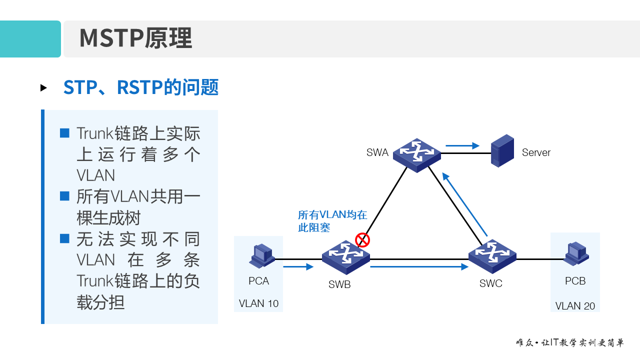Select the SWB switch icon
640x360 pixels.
pyautogui.click(x=345, y=257)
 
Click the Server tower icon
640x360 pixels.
pyautogui.click(x=502, y=150)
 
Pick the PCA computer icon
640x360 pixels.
pyautogui.click(x=261, y=256)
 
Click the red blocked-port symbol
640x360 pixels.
pyautogui.click(x=362, y=240)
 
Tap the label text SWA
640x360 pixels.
pyautogui.click(x=377, y=152)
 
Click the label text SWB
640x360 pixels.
pyautogui.click(x=339, y=285)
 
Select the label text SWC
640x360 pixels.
pyautogui.click(x=490, y=283)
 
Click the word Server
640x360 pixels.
pyautogui.click(x=536, y=152)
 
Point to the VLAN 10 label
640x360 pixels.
pyautogui.click(x=258, y=303)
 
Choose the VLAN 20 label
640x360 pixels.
pyautogui.click(x=575, y=305)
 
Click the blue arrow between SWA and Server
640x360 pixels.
pyautogui.click(x=462, y=146)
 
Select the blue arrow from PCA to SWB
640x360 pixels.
pyautogui.click(x=298, y=267)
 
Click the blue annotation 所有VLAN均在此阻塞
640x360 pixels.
pyautogui.click(x=332, y=221)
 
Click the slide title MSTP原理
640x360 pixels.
pyautogui.click(x=135, y=38)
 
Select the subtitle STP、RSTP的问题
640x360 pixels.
pyautogui.click(x=141, y=87)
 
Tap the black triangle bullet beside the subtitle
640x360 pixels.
pyautogui.click(x=44, y=88)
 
